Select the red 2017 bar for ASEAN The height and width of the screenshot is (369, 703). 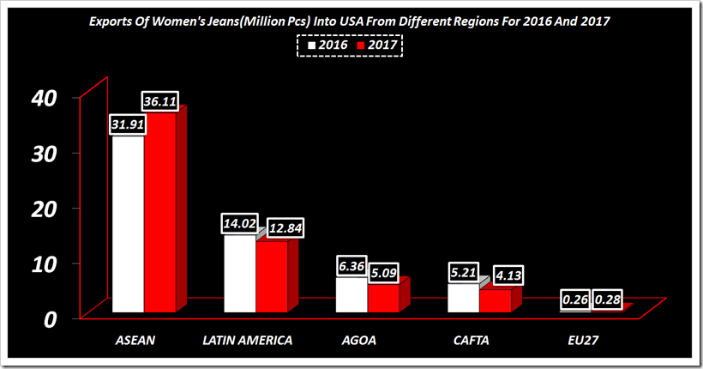pos(159,215)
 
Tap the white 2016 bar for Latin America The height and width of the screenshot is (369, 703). pos(239,275)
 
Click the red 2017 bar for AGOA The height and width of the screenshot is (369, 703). pos(383,298)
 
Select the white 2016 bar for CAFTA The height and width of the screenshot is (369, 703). pos(463,298)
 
